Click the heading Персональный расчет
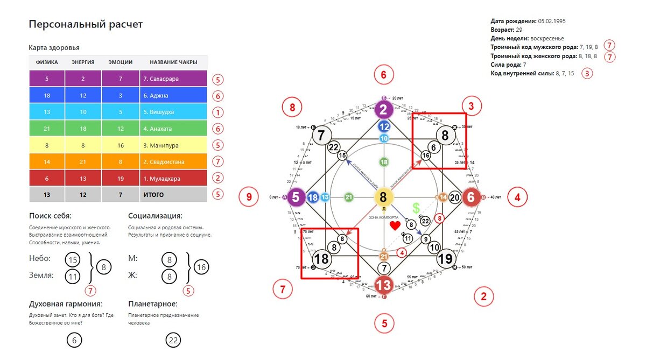(86, 25)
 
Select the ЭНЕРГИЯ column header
(83, 62)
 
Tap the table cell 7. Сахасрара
(173, 79)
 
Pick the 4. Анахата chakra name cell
(173, 129)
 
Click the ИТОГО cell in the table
(173, 194)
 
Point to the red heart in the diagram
(395, 225)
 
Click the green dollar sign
(416, 208)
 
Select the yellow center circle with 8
(383, 197)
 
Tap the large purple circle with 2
(383, 110)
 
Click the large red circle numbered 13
(384, 285)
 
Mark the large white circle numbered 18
(321, 259)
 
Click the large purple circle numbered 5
(296, 197)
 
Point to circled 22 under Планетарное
(173, 340)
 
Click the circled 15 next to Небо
(73, 259)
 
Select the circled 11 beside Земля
(73, 277)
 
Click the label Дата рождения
(514, 21)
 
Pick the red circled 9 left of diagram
(249, 197)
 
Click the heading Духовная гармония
(66, 305)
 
